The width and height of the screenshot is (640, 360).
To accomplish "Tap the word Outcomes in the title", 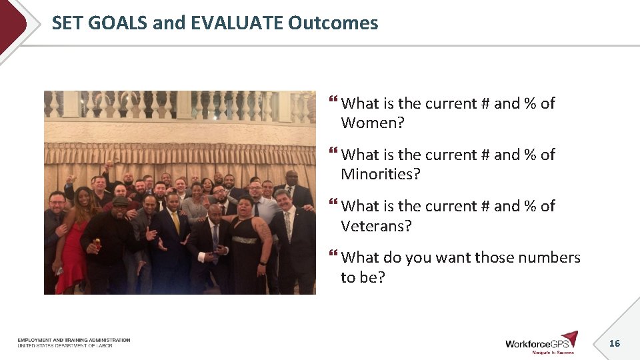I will click(333, 23).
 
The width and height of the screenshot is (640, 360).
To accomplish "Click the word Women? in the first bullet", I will click(373, 123).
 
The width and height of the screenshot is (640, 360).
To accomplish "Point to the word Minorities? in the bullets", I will click(381, 175).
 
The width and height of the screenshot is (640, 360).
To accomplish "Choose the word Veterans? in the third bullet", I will click(376, 226).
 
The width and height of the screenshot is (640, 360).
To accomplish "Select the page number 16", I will click(614, 343).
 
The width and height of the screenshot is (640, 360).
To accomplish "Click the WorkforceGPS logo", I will click(541, 342).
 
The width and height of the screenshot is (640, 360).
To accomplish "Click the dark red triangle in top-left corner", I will click(11, 23).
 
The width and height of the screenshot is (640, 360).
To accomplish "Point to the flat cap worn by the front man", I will click(121, 201).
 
